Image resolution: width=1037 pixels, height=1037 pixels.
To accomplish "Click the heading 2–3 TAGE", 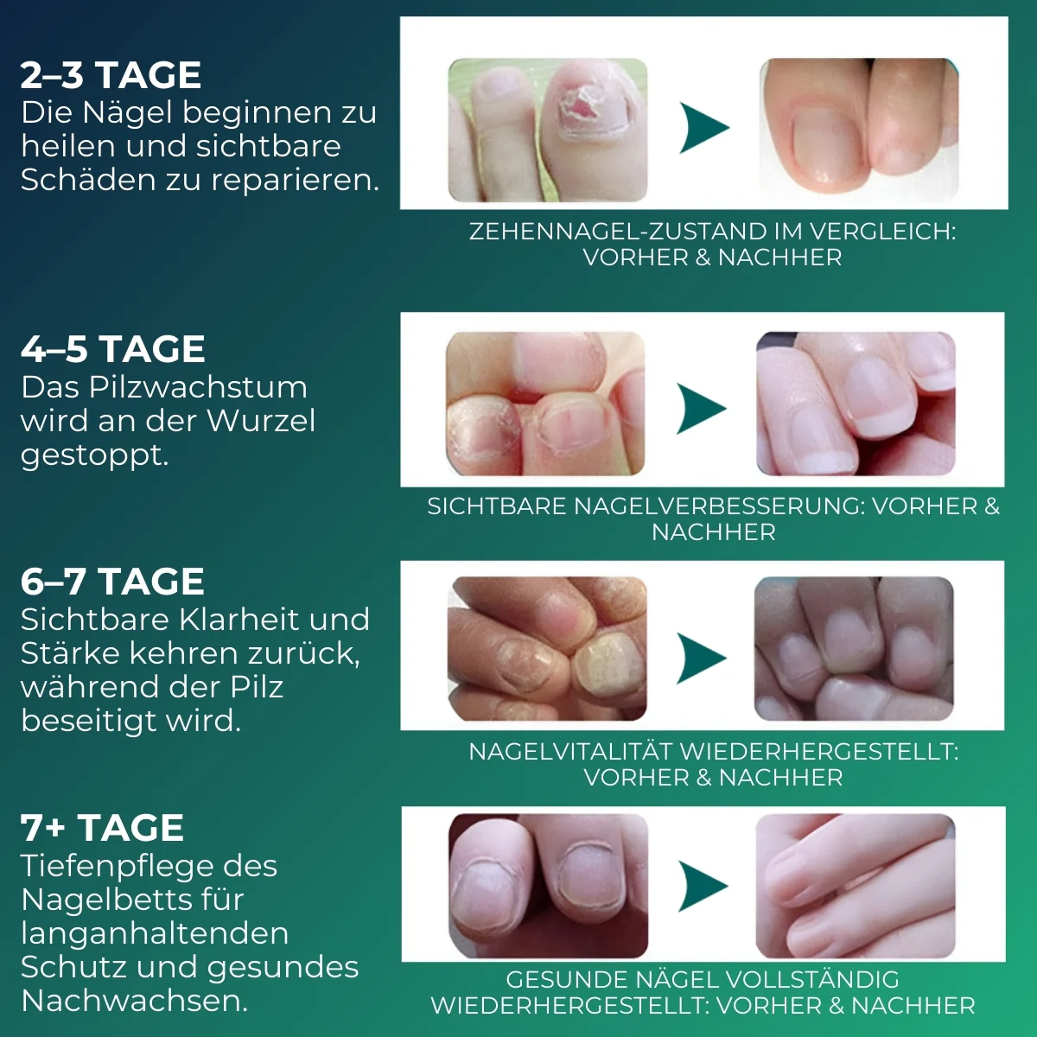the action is pyautogui.click(x=111, y=75).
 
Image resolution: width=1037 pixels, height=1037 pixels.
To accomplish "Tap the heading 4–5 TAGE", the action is pyautogui.click(x=113, y=349).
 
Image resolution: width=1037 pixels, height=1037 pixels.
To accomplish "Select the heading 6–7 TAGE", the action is pyautogui.click(x=112, y=582).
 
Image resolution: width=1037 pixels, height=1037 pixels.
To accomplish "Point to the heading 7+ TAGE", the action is pyautogui.click(x=102, y=828).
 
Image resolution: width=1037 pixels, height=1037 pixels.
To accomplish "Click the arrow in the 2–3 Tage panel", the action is pyautogui.click(x=704, y=128).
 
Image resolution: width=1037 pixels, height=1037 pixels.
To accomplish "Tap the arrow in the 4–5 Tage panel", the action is pyautogui.click(x=701, y=409).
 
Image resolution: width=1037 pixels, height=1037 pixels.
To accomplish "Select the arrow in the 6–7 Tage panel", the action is pyautogui.click(x=701, y=658).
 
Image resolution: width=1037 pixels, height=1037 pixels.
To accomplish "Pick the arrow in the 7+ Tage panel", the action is pyautogui.click(x=703, y=887).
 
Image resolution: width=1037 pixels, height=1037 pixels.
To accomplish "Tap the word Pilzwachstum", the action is pyautogui.click(x=198, y=387).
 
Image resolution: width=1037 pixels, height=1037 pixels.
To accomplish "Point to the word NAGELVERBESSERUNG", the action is pyautogui.click(x=719, y=506).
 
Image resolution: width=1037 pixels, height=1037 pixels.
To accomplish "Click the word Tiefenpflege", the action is pyautogui.click(x=149, y=867).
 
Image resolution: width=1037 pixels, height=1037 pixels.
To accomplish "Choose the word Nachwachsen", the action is pyautogui.click(x=135, y=1001).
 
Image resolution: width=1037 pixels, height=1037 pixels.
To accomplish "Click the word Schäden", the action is pyautogui.click(x=89, y=179).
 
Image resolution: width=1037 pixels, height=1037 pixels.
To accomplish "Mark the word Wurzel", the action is pyautogui.click(x=261, y=421).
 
